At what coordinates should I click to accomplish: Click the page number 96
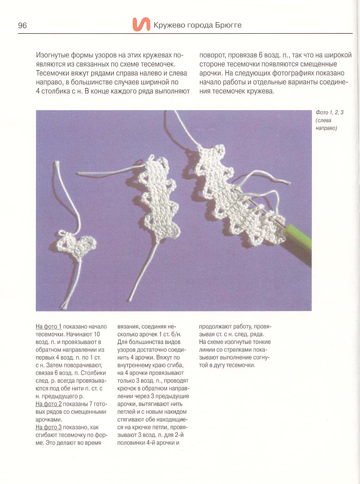click(22, 25)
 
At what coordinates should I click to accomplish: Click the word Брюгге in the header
click(227, 25)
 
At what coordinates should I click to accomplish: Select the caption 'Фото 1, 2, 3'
click(329, 112)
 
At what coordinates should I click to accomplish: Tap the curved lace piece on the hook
click(234, 194)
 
